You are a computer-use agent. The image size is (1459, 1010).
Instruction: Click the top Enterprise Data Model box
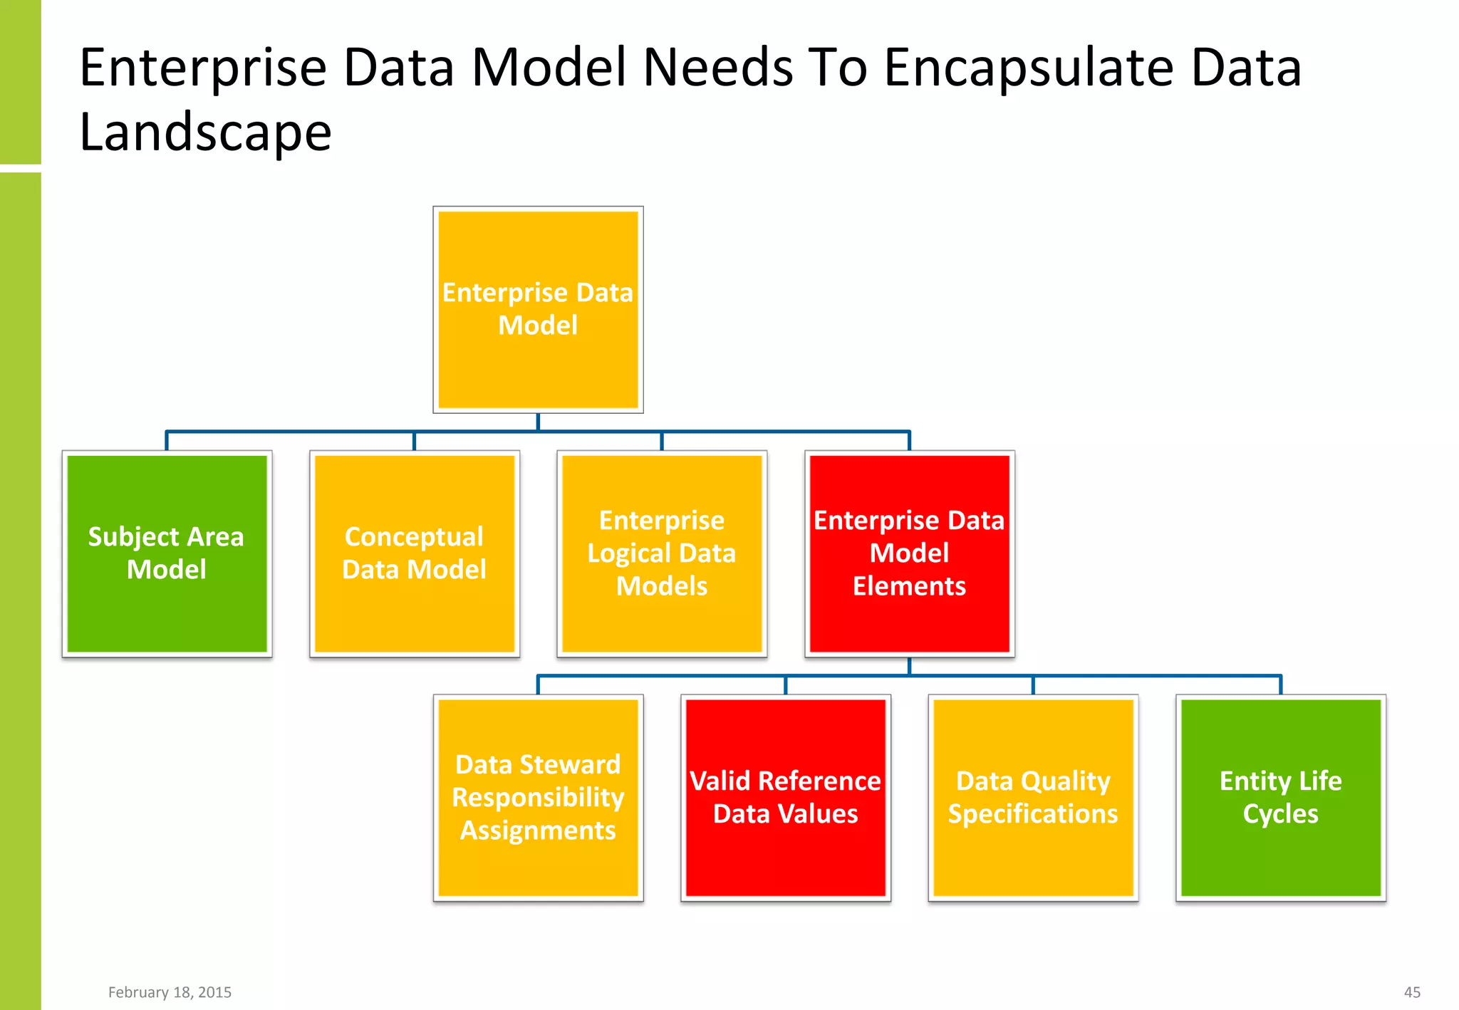pyautogui.click(x=538, y=310)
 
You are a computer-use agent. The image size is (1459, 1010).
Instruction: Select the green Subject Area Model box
pyautogui.click(x=167, y=553)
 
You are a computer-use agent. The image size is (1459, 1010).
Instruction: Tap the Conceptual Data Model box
pyautogui.click(x=414, y=553)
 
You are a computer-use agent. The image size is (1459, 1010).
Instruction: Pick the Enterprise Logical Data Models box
pyautogui.click(x=662, y=553)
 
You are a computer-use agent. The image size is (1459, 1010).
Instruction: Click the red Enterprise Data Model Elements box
pyautogui.click(x=909, y=553)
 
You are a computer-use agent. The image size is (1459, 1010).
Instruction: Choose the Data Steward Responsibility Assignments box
pyautogui.click(x=538, y=798)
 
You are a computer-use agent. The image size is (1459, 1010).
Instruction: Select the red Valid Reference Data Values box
pyautogui.click(x=785, y=798)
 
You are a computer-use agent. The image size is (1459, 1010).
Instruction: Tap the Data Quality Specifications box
pyautogui.click(x=1033, y=798)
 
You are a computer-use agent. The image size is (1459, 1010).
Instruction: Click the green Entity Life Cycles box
pyautogui.click(x=1280, y=798)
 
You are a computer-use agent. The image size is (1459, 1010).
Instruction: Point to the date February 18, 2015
pyautogui.click(x=170, y=992)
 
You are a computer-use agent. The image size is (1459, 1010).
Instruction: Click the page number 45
pyautogui.click(x=1412, y=992)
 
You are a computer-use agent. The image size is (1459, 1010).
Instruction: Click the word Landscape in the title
pyautogui.click(x=205, y=132)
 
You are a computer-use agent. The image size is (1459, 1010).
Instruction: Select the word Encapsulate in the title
pyautogui.click(x=1029, y=68)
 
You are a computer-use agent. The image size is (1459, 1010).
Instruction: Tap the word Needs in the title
pyautogui.click(x=718, y=68)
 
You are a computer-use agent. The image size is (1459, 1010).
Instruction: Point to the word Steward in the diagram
pyautogui.click(x=579, y=764)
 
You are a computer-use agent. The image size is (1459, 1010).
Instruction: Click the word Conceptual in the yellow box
pyautogui.click(x=414, y=537)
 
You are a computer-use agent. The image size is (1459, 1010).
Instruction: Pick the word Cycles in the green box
pyautogui.click(x=1280, y=814)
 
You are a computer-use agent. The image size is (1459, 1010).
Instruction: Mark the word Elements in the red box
pyautogui.click(x=909, y=586)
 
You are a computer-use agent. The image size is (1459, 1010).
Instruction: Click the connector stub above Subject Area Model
pyautogui.click(x=167, y=440)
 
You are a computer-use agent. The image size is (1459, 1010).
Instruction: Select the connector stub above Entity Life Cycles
pyautogui.click(x=1280, y=684)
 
